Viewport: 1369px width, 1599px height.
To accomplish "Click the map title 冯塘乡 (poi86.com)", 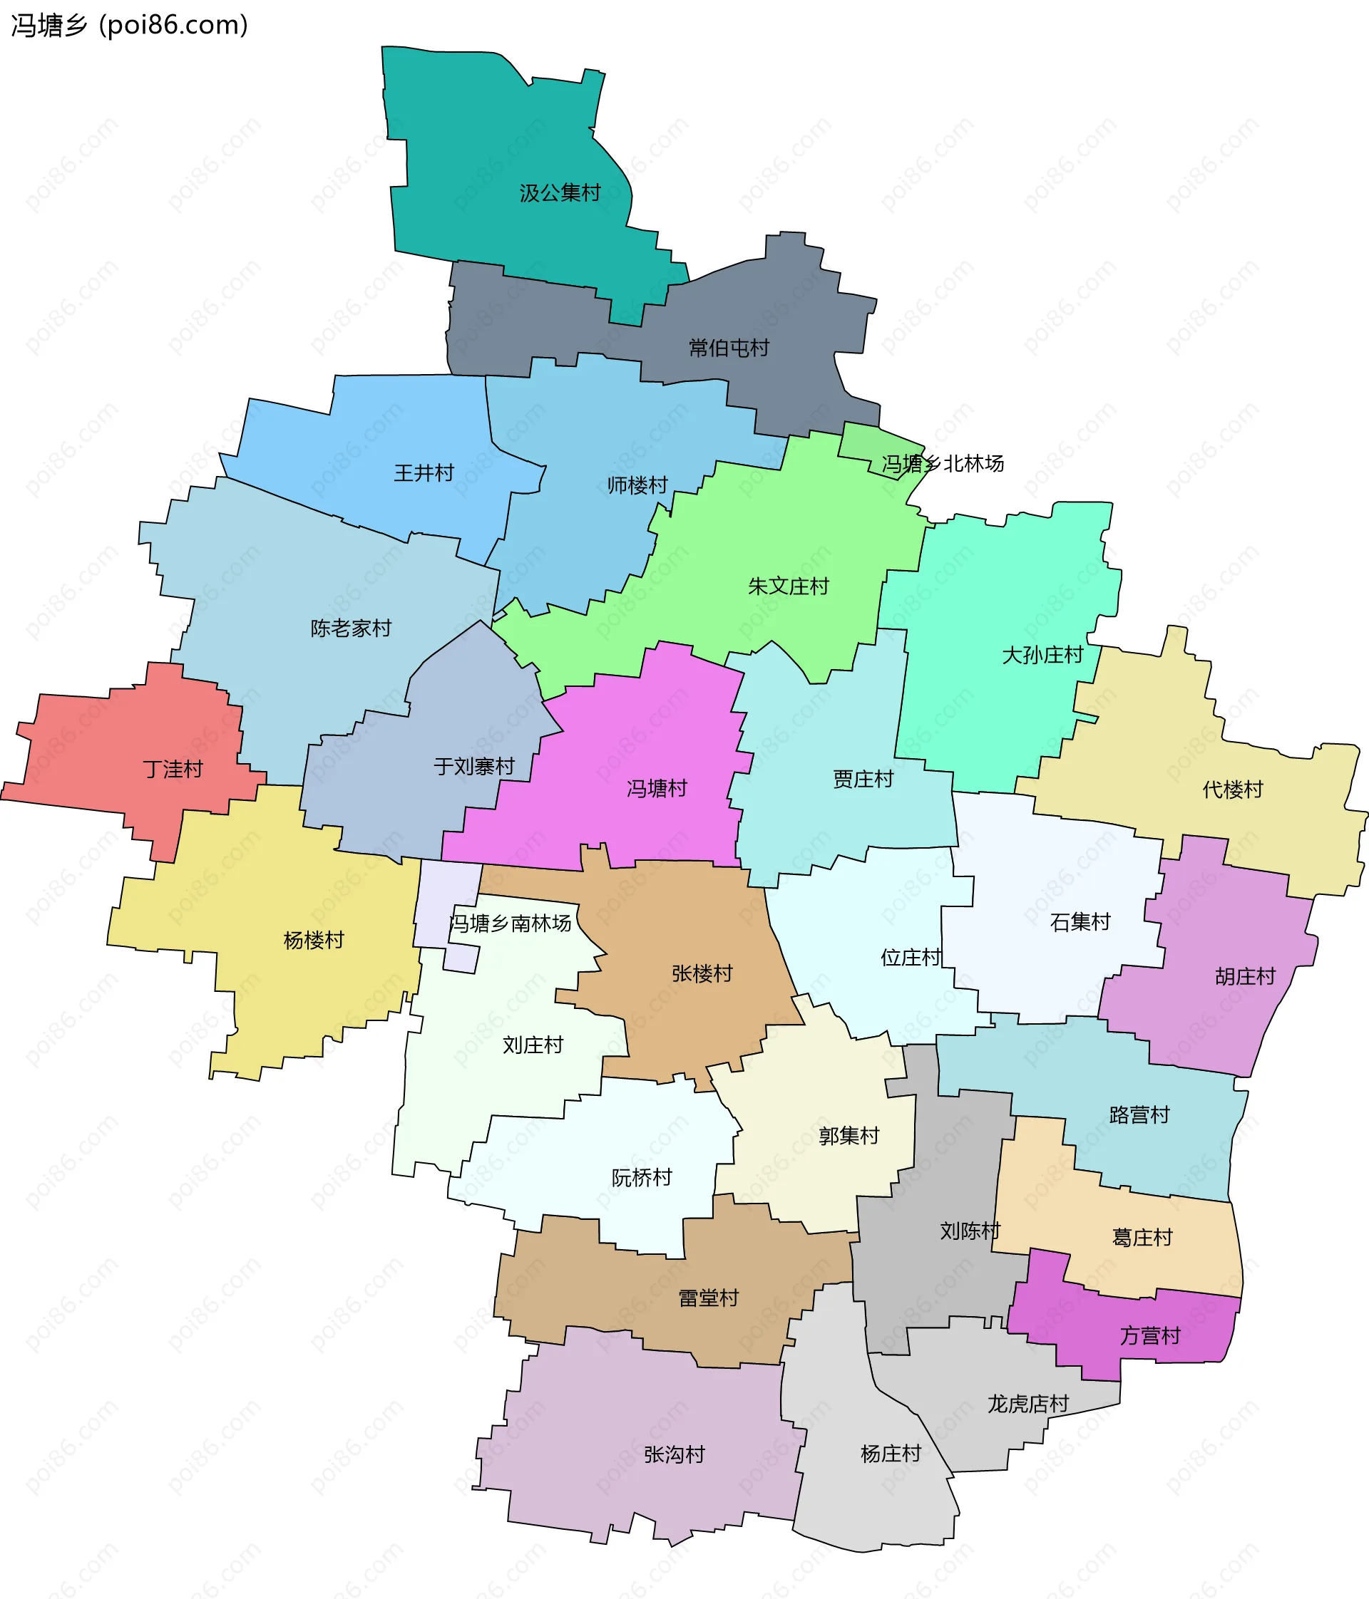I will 129,26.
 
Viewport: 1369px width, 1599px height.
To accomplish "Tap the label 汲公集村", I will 560,193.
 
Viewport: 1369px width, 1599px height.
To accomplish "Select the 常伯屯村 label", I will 729,348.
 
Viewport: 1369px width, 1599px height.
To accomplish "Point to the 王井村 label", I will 424,472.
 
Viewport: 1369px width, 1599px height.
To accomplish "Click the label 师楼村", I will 637,485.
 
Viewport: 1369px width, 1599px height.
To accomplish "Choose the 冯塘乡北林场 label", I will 943,463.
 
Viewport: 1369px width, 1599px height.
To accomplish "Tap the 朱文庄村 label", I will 788,586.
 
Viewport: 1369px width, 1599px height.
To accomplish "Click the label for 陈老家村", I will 351,628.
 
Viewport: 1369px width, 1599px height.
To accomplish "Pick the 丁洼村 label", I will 173,770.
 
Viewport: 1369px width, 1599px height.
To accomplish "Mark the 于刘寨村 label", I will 474,766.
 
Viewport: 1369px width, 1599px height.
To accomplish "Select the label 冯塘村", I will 656,789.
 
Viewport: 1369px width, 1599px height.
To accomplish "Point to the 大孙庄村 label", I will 1042,655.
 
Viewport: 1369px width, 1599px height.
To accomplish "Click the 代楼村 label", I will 1232,790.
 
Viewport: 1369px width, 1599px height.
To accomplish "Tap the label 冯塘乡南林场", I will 511,923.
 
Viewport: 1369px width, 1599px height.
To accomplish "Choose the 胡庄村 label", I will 1245,977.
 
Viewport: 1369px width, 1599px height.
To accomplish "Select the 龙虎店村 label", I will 1027,1404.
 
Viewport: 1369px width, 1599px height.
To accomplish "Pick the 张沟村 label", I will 674,1454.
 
